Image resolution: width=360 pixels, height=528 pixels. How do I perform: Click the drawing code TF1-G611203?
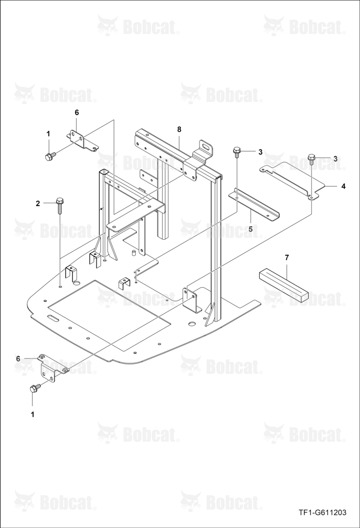point(322,513)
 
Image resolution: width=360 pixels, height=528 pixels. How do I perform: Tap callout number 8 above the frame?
point(179,129)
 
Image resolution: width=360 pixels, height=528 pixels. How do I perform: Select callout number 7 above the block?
point(287,258)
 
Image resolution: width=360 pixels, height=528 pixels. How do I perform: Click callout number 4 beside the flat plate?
point(343,186)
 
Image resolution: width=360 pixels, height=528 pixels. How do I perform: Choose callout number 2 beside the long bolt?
point(37,203)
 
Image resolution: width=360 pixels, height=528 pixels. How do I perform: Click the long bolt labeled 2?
point(60,205)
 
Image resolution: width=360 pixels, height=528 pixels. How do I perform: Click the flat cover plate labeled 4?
point(292,180)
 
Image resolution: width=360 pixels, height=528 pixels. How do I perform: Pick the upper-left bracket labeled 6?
point(82,140)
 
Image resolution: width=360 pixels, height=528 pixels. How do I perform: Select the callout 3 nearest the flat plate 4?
point(335,158)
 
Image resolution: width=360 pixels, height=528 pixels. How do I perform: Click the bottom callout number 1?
point(33,415)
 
